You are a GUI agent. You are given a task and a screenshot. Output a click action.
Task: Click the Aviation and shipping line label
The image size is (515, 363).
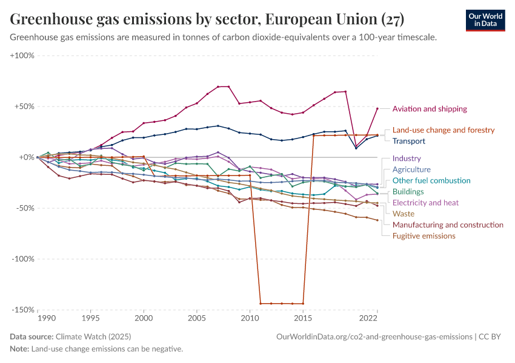[430, 109]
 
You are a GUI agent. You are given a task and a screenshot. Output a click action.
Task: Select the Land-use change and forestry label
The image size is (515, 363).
[444, 130]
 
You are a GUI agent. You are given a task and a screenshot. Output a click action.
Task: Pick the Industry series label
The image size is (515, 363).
[407, 159]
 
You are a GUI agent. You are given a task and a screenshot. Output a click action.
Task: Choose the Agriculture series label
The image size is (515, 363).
[411, 169]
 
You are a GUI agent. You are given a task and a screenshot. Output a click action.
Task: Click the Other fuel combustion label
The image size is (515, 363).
[431, 180]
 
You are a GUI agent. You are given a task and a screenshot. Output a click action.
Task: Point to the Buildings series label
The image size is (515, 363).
[408, 192]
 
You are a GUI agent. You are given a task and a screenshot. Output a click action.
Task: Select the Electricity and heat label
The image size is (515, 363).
[425, 203]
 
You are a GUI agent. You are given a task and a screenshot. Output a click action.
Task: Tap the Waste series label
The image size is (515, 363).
[404, 214]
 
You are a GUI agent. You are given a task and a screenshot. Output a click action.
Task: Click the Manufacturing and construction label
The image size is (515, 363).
[448, 224]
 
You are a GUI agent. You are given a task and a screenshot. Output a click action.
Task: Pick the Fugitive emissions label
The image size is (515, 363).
[424, 235]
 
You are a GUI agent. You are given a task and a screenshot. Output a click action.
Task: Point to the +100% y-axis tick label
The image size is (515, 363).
[22, 56]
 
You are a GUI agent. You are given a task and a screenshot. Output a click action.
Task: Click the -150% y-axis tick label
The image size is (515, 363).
[23, 310]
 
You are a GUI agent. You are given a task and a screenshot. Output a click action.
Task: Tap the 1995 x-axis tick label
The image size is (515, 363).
[90, 317]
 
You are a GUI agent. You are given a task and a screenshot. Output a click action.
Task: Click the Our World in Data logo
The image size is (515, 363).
[485, 20]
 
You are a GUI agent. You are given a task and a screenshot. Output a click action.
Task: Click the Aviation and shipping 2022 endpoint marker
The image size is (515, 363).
[377, 109]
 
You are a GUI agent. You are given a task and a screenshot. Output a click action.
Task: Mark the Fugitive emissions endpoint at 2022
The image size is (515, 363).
[377, 220]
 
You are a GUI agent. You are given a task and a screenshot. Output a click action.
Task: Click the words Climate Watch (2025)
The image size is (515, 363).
[93, 336]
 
